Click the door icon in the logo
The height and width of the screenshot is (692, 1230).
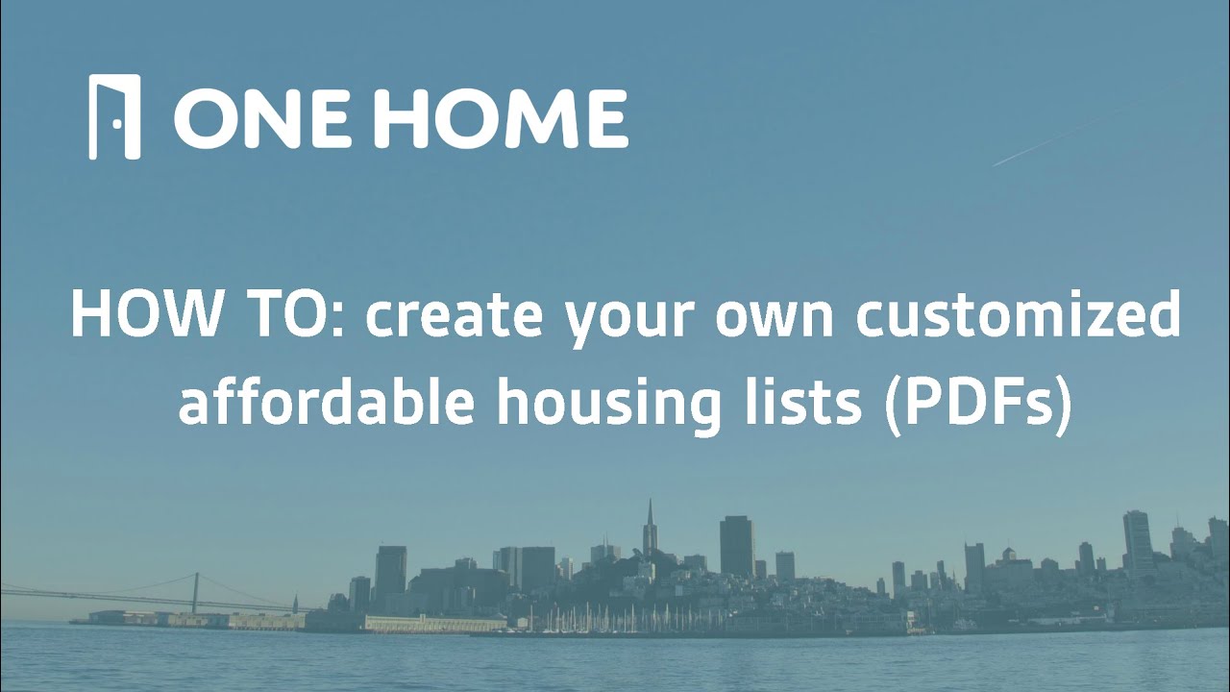(114, 116)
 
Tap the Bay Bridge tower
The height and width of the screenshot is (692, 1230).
(195, 591)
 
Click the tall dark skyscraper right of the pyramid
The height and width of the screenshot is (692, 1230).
(736, 546)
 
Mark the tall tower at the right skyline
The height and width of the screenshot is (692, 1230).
(1138, 543)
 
